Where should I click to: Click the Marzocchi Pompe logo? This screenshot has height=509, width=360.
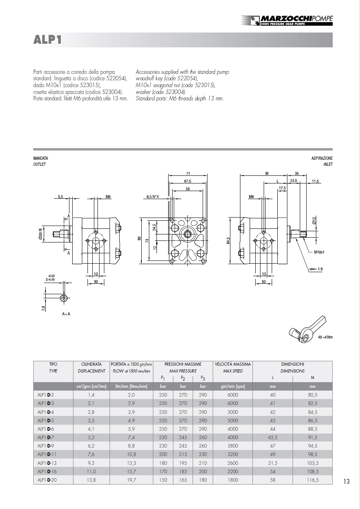tap(287, 20)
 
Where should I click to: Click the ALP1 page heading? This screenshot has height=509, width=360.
tap(48, 40)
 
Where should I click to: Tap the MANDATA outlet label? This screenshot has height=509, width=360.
tap(41, 159)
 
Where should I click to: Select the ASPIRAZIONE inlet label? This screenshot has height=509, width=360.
tap(322, 159)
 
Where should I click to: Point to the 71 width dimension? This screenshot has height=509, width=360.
tap(188, 173)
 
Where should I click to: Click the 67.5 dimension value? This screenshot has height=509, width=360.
tap(188, 181)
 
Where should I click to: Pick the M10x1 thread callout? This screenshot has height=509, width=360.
tap(319, 252)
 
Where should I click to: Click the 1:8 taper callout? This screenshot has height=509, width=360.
tap(320, 269)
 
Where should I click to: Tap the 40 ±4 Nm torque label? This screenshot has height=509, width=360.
tap(325, 337)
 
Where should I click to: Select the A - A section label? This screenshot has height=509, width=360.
tap(66, 314)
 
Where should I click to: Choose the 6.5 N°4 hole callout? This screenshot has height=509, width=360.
tap(153, 197)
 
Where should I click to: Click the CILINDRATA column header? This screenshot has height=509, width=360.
tap(92, 364)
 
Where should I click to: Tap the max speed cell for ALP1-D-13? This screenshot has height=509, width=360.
tap(233, 463)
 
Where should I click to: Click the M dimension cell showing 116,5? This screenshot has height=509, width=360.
tap(312, 480)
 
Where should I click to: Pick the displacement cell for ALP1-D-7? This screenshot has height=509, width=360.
tap(92, 438)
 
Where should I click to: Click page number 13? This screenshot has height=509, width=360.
tap(346, 481)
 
